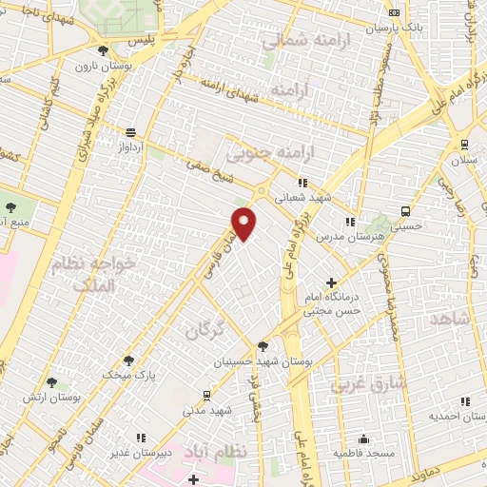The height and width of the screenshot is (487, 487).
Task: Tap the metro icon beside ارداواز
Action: (x=130, y=132)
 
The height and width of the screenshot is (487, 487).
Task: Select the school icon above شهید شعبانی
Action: (x=302, y=183)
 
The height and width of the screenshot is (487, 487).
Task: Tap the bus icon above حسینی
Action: (x=406, y=210)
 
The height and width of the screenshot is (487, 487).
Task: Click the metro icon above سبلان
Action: (x=463, y=145)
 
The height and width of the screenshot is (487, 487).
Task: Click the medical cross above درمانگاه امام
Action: (x=331, y=282)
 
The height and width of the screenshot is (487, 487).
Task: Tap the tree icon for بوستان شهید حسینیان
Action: (x=263, y=345)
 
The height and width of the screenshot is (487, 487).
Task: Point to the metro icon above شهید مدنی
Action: (x=206, y=394)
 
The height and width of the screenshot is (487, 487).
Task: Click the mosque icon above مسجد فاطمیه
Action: (x=363, y=439)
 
